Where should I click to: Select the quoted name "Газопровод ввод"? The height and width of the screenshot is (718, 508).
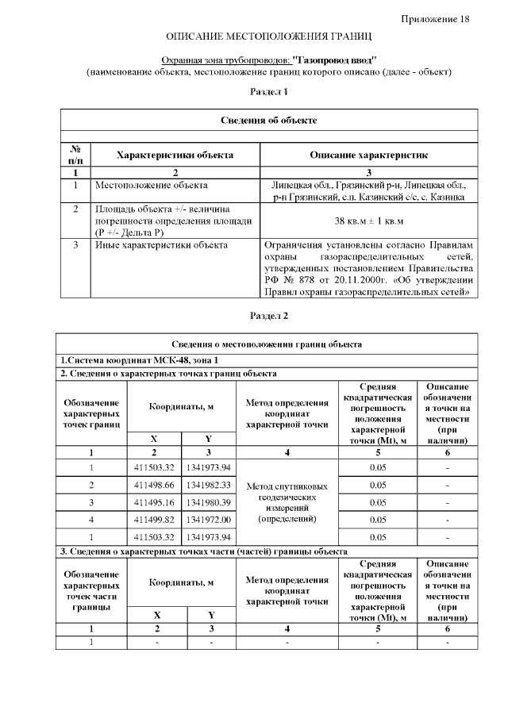tap(334, 60)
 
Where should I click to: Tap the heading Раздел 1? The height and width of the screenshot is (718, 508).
tap(268, 92)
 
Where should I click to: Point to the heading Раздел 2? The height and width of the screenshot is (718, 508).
tap(268, 316)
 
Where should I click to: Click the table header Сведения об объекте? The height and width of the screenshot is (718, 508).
tap(268, 120)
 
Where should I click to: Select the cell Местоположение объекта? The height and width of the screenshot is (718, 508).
tap(151, 185)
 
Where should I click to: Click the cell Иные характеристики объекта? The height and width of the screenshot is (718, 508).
tap(161, 244)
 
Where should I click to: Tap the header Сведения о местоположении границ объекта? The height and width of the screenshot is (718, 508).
tap(268, 344)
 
